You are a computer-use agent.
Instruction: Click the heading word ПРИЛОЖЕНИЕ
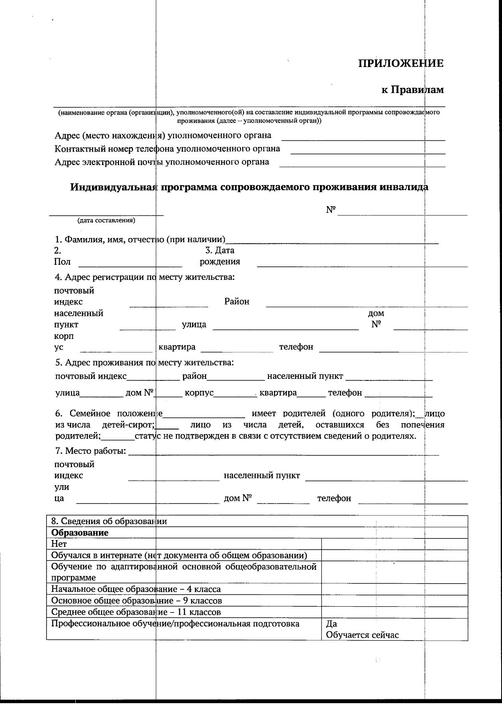401,63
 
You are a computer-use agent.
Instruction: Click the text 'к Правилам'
412,90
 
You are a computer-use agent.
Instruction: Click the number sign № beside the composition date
331,209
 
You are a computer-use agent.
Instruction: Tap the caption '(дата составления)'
106,220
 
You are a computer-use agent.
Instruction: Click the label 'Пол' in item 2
62,262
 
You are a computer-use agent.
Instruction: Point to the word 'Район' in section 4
237,301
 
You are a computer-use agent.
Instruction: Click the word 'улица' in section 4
194,324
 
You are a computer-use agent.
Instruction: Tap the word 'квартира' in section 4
177,347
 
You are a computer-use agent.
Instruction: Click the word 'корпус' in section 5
199,393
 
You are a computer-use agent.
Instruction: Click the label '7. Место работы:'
90,451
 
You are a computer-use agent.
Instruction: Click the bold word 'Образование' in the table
79,533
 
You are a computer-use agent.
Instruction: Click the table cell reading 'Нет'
59,544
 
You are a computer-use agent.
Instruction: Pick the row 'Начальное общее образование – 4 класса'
136,589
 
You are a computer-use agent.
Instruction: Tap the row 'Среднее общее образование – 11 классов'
136,612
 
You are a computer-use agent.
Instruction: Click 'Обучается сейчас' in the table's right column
362,635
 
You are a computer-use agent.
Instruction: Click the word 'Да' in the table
331,624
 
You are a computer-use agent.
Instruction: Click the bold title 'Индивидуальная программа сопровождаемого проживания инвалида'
249,187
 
